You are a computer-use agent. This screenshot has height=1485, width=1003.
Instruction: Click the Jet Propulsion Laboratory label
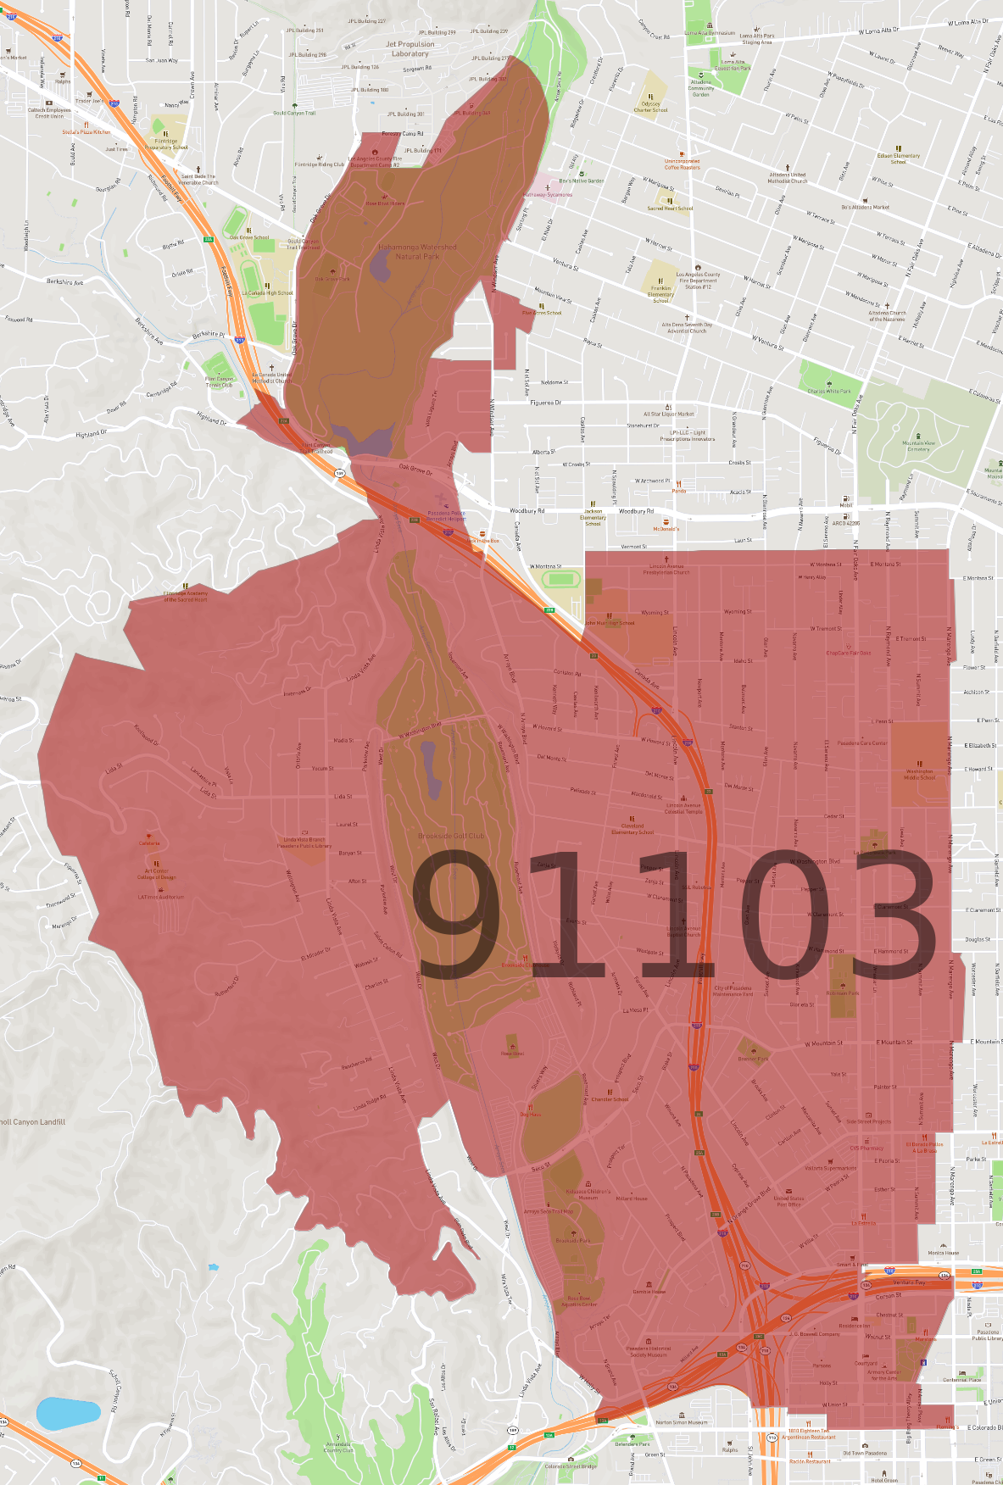click(x=410, y=49)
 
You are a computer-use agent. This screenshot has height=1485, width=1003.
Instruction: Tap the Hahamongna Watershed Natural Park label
click(x=417, y=252)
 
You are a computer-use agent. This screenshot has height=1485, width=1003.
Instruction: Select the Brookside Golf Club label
click(x=451, y=836)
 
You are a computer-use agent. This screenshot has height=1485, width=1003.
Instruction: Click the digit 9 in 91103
click(x=459, y=915)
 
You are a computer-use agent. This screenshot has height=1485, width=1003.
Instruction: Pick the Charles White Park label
click(x=829, y=392)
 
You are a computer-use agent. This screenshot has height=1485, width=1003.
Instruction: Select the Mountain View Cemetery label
click(x=918, y=446)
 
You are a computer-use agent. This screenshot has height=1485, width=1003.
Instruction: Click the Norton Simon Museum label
click(x=681, y=1422)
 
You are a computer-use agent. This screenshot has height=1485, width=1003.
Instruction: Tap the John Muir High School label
click(x=610, y=623)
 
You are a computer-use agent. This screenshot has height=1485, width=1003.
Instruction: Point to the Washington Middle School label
click(x=919, y=775)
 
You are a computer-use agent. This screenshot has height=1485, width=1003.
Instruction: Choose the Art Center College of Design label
click(x=157, y=874)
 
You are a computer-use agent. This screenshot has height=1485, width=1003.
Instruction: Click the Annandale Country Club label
click(x=338, y=1448)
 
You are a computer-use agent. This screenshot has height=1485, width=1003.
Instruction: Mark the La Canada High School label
click(x=267, y=293)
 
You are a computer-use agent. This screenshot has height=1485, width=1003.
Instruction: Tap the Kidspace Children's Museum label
click(x=588, y=1194)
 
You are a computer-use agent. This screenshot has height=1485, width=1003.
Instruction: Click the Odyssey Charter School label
click(x=650, y=107)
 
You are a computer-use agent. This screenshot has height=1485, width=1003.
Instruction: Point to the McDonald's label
click(x=666, y=528)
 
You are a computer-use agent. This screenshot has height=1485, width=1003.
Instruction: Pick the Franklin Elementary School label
click(x=660, y=294)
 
